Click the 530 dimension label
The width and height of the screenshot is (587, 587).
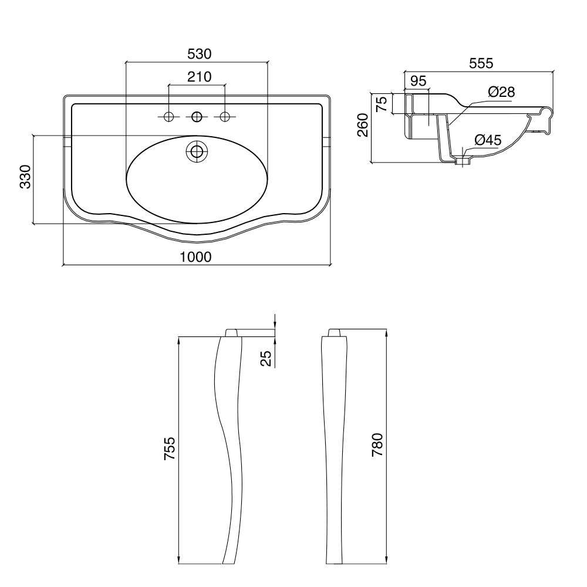pos(199,54)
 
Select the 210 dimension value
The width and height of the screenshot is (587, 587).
pos(199,77)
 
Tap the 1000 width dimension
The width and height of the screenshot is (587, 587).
pos(196,257)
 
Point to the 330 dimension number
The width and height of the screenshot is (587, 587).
pos(25,176)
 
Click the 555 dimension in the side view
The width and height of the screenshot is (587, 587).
pos(481,63)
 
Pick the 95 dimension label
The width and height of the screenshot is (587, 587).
pos(418,80)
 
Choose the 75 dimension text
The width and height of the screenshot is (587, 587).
pos(382,104)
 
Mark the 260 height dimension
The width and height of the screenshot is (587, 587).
pos(363,125)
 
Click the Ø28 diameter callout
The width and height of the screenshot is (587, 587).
pos(502,92)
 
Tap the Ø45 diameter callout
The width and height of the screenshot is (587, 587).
pos(488,140)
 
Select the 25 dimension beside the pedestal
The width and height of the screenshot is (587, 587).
pos(265,358)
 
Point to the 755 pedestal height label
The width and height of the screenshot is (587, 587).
pos(169,448)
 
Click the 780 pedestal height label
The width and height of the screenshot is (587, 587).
pos(377,444)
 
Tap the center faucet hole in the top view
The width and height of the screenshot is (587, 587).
pos(197,117)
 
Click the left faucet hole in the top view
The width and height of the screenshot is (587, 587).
pos(169,117)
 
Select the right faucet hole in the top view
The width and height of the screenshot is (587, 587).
pos(225,117)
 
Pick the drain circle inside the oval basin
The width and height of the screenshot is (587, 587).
pos(197,151)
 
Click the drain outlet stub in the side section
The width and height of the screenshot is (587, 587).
pos(463,161)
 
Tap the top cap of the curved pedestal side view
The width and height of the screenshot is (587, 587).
pos(231,333)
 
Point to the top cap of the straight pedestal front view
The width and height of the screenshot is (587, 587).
pos(335,333)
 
